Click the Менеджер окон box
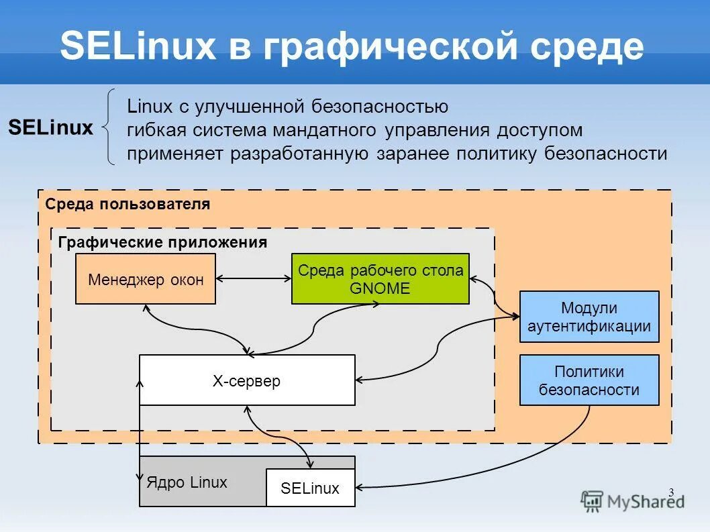coord(146,279)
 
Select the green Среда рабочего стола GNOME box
coord(380,279)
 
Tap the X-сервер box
coord(247,380)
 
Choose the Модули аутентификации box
coord(589,317)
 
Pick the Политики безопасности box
coord(589,380)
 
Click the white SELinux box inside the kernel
coord(310,488)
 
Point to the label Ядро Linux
coord(187,482)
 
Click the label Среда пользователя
coord(128,204)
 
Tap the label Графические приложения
coord(162,243)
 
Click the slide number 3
coord(670,493)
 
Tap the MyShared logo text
coord(645,501)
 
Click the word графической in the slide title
coord(379,48)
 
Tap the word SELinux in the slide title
coord(138,48)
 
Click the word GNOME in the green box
coord(380,288)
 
